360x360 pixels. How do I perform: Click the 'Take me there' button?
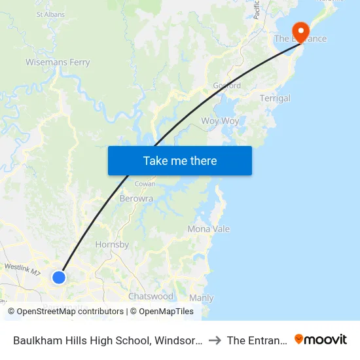tap(179, 160)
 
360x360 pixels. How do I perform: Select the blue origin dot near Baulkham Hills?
tap(59, 278)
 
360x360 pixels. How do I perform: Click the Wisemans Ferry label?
tap(58, 63)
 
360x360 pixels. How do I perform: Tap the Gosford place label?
tap(226, 86)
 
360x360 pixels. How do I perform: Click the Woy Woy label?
tap(220, 121)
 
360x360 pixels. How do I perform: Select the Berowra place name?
tap(136, 198)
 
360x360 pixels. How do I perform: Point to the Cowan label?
tap(145, 184)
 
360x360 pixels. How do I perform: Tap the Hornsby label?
tap(112, 245)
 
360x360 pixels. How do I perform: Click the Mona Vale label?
tap(208, 229)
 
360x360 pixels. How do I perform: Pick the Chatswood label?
tap(151, 297)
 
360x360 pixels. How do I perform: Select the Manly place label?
tap(201, 298)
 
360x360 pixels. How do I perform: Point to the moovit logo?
tap(321, 340)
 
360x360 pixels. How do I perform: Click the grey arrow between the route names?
tap(215, 340)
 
